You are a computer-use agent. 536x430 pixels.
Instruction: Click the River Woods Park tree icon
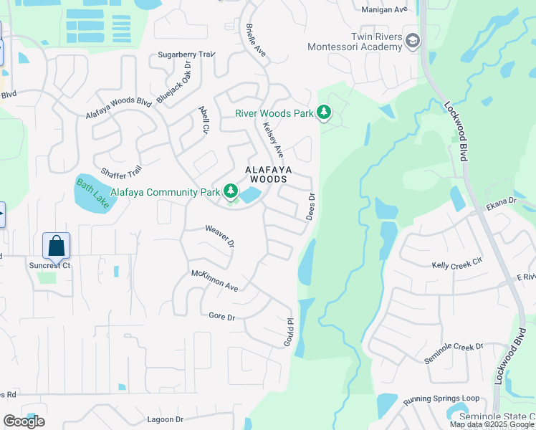click(324, 113)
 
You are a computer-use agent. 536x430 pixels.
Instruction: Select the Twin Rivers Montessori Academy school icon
click(411, 41)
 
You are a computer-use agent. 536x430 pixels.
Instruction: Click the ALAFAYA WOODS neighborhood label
click(268, 174)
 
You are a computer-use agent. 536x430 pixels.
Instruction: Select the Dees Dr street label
click(311, 206)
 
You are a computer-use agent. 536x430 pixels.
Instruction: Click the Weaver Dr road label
click(220, 236)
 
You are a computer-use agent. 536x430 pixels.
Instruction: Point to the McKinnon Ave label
click(214, 280)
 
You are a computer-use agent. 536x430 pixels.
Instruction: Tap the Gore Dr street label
click(222, 315)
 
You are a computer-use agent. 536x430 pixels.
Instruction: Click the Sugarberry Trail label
click(186, 54)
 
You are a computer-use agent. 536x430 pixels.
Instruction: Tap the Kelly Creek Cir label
click(457, 265)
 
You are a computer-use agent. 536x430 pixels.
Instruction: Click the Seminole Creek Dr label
click(454, 352)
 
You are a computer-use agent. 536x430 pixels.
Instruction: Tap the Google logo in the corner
click(24, 421)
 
